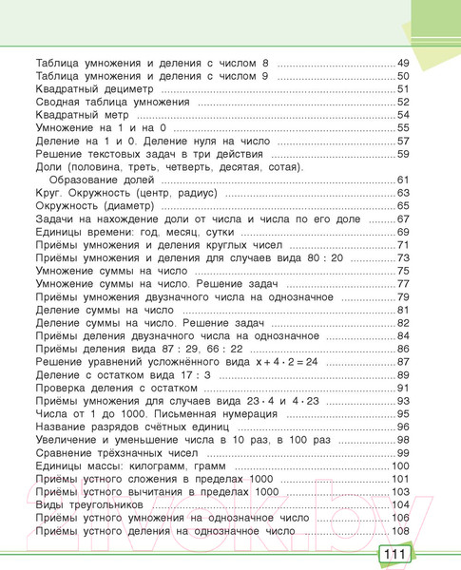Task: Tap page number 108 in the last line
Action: click(400, 531)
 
